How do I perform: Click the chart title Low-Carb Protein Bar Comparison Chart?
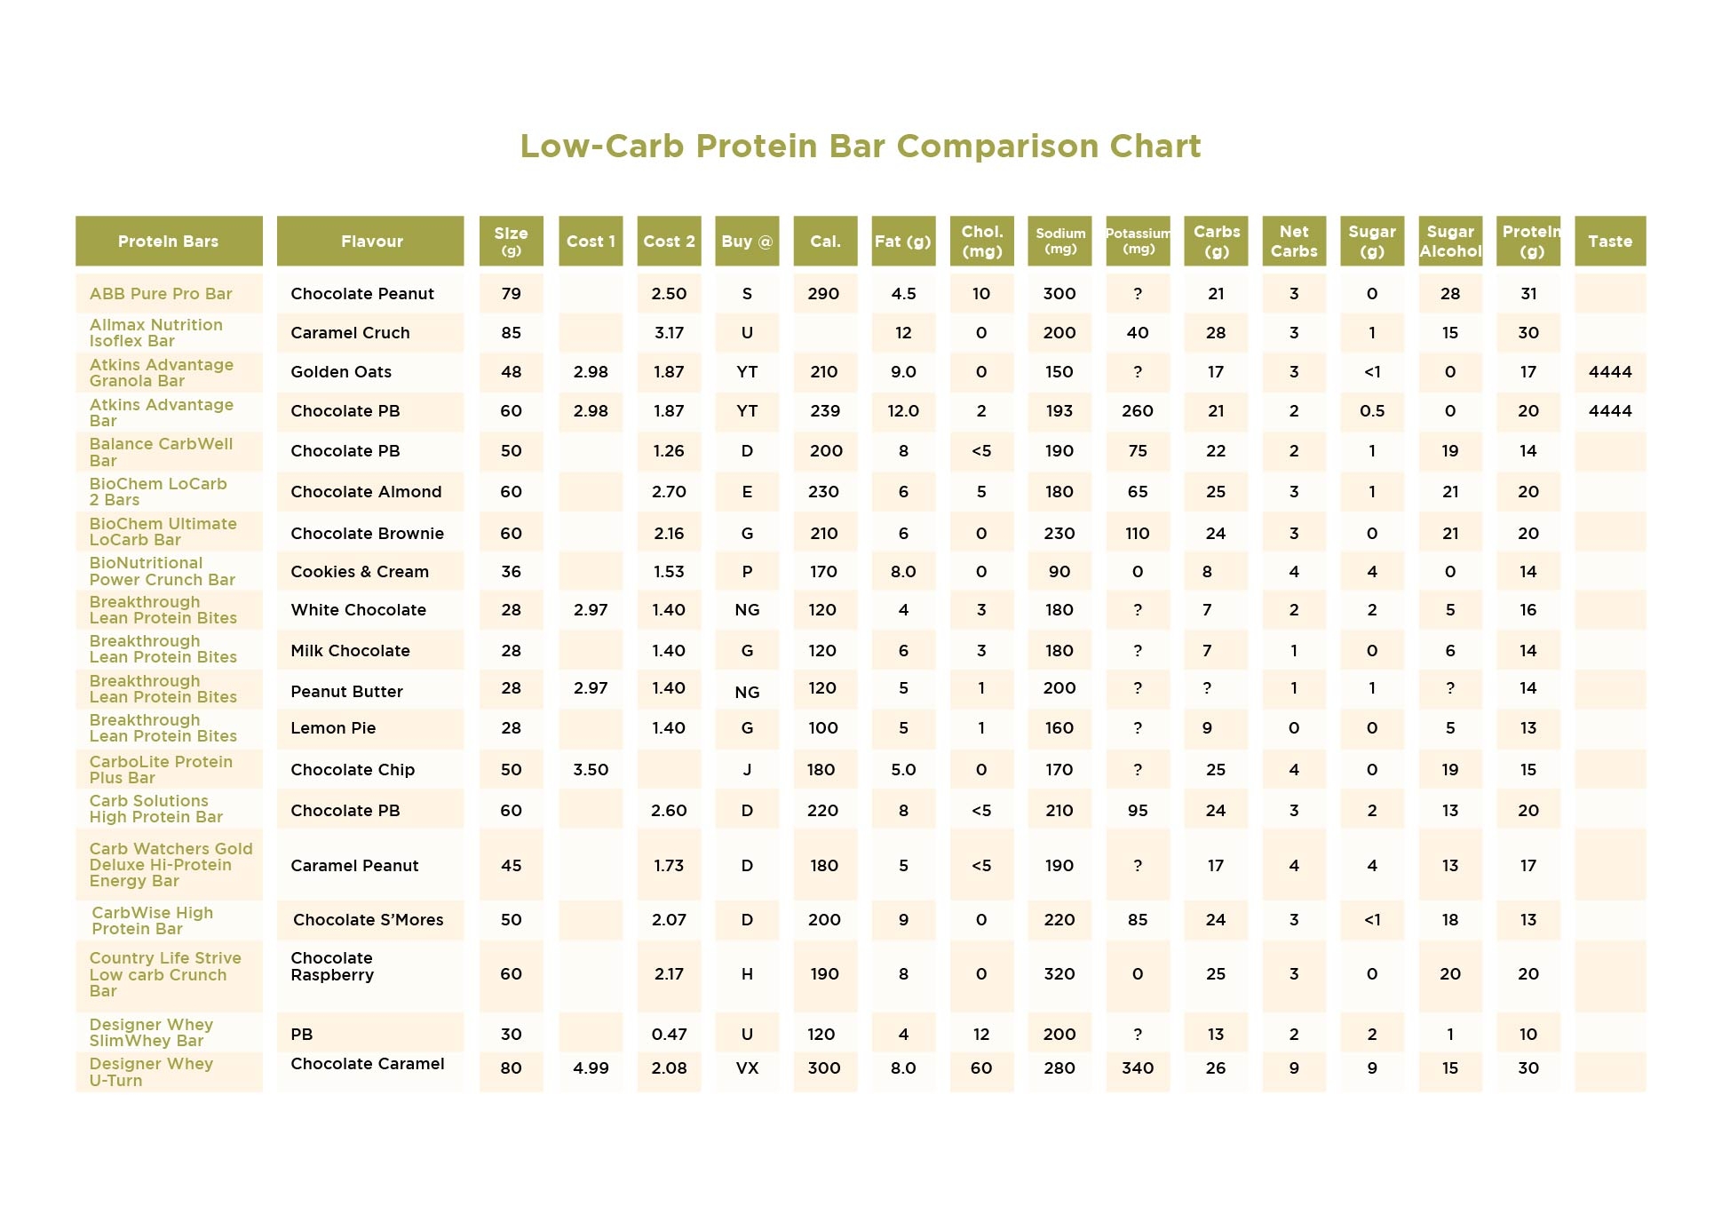point(860,146)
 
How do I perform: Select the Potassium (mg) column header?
point(1138,241)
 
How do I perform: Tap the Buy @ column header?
point(747,241)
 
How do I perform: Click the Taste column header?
point(1609,241)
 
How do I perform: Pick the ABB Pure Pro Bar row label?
point(161,294)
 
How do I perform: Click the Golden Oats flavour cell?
point(341,372)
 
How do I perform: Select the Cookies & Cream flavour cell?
point(360,572)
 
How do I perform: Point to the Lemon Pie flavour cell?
point(333,728)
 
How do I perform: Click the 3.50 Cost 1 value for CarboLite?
point(591,770)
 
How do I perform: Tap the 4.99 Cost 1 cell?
point(591,1068)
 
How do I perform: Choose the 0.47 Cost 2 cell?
point(669,1035)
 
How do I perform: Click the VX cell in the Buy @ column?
point(747,1068)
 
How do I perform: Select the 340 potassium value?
point(1138,1068)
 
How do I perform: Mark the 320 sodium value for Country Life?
point(1059,974)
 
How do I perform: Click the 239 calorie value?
point(824,411)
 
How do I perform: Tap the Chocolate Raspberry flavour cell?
point(332,966)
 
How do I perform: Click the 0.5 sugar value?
point(1372,411)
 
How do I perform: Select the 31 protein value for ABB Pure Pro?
point(1528,294)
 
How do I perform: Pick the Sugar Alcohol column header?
point(1450,241)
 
